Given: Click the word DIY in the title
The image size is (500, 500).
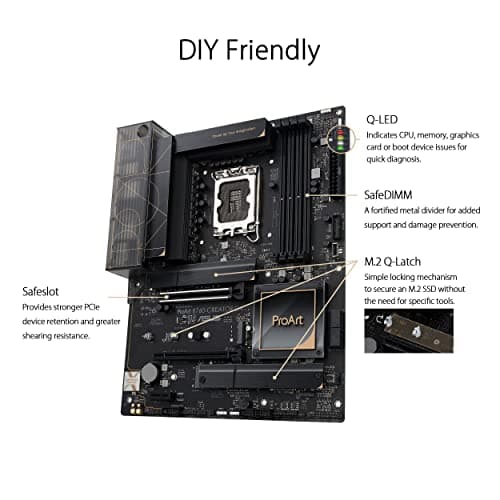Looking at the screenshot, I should point(201,50).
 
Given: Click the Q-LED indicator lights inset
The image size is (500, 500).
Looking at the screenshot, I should point(346,144).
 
